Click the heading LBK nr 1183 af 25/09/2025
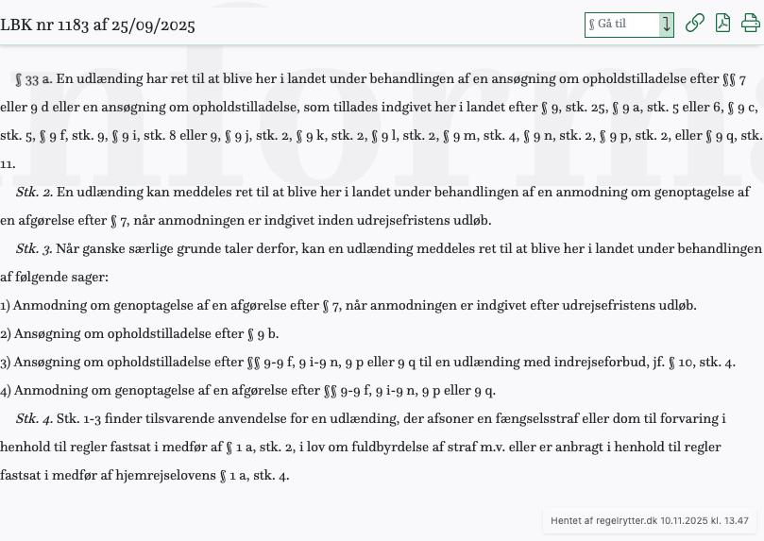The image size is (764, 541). click(97, 25)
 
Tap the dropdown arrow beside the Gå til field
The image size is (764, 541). click(667, 25)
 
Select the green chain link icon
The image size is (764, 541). click(695, 24)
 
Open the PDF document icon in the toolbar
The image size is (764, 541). click(722, 24)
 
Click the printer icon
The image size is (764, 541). click(751, 24)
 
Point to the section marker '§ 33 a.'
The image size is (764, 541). click(33, 79)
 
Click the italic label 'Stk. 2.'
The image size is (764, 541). click(34, 193)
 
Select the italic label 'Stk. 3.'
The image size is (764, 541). click(34, 249)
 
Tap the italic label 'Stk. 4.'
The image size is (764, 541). click(34, 418)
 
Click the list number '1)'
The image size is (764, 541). click(6, 306)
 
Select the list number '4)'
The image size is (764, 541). click(6, 391)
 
